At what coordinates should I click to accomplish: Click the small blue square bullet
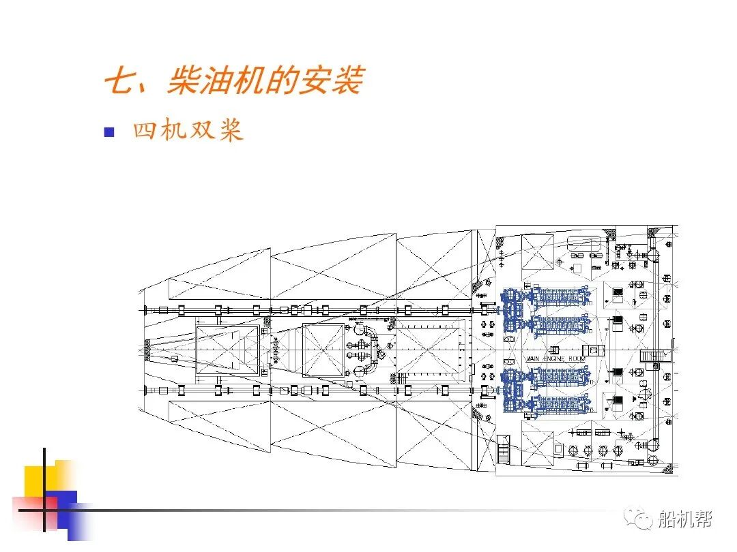[109, 132]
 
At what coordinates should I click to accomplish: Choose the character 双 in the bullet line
[200, 131]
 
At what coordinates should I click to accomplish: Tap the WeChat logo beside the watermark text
[644, 520]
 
